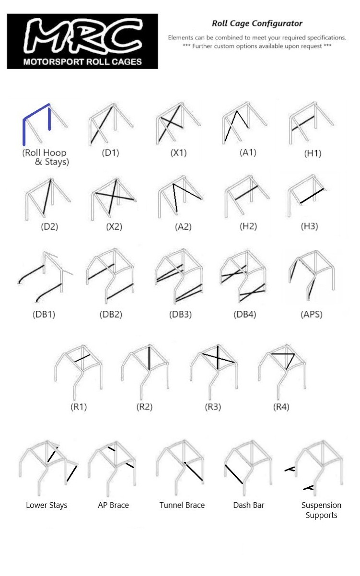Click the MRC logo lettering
click(x=82, y=37)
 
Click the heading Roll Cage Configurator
click(x=257, y=23)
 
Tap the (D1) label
click(x=110, y=153)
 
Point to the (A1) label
click(x=248, y=153)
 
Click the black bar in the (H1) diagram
click(x=303, y=123)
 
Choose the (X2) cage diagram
click(x=113, y=197)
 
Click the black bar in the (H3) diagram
click(x=312, y=196)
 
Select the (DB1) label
click(x=45, y=315)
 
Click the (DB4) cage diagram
click(x=242, y=277)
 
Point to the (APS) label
click(x=311, y=315)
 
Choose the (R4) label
click(x=281, y=407)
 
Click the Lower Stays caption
click(x=46, y=505)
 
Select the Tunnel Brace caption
click(x=182, y=505)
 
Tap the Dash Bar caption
click(x=249, y=505)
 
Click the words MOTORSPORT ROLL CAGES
click(x=82, y=62)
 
